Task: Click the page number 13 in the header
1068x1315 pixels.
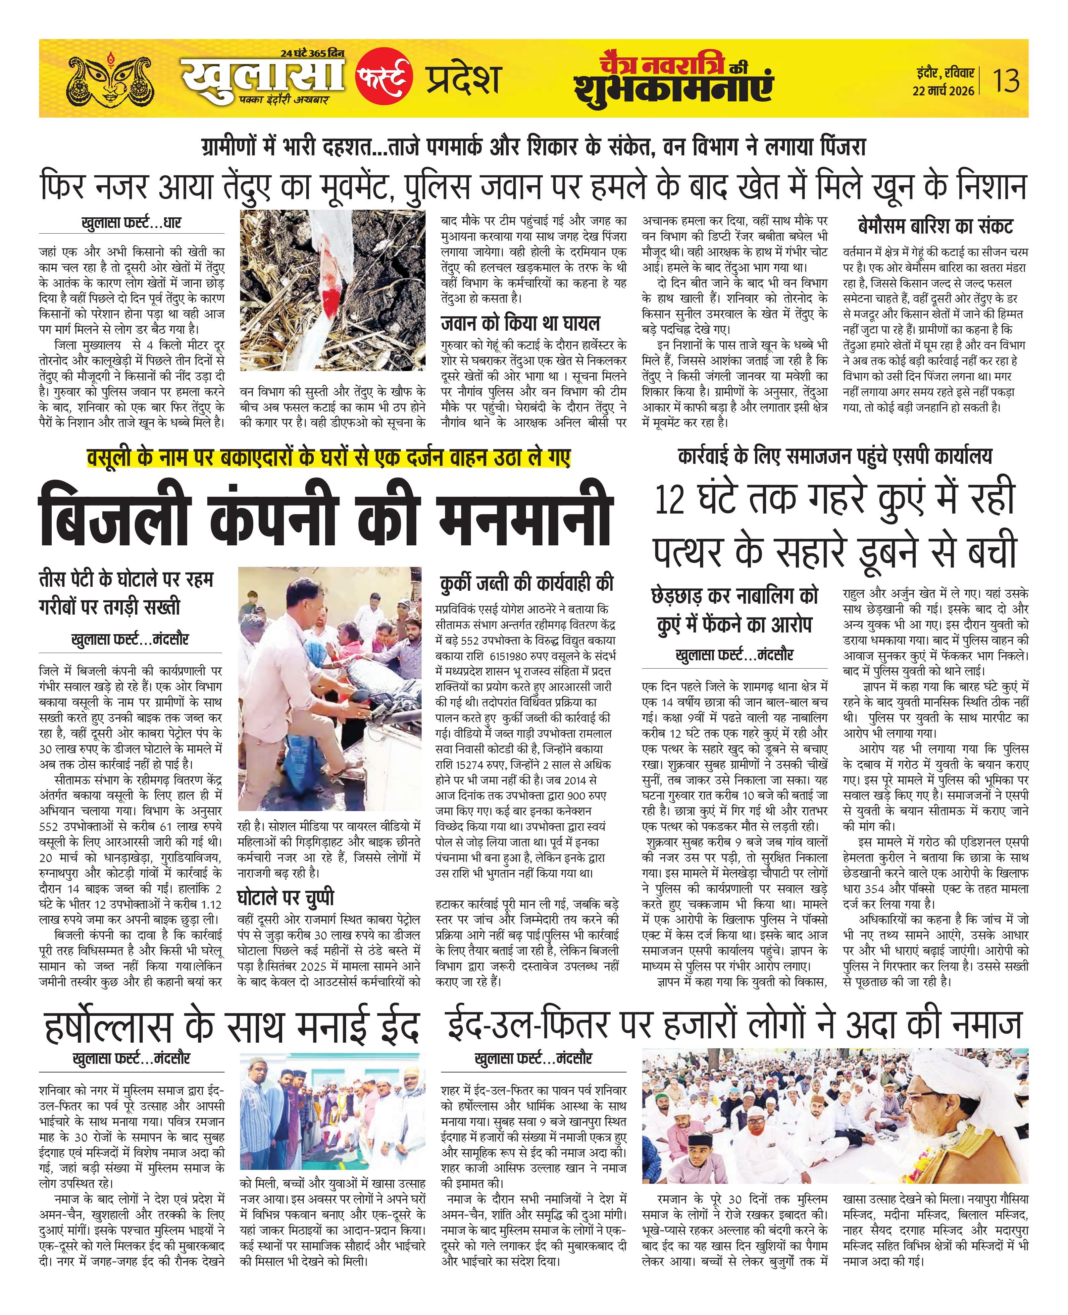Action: click(1006, 81)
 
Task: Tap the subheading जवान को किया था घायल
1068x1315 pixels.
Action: click(520, 323)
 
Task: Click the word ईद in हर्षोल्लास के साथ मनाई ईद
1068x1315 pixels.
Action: click(391, 1027)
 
